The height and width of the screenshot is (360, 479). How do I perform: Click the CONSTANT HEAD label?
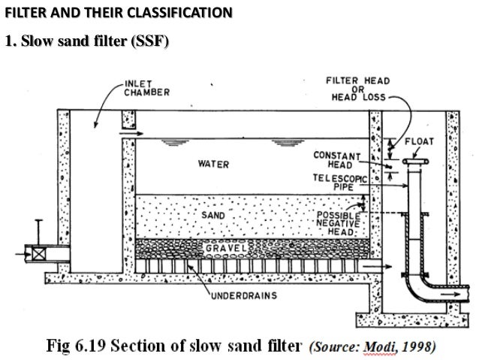[337, 159]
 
